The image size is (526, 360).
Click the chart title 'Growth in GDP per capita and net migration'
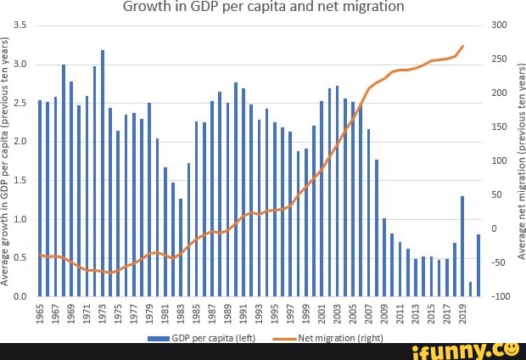pos(263,8)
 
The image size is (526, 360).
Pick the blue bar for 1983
pos(181,246)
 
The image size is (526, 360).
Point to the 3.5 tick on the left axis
pos(20,25)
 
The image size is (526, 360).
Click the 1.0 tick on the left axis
pos(20,219)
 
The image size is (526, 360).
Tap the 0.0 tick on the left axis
pos(20,296)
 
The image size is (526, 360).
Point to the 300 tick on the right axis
pos(500,25)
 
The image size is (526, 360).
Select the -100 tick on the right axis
pos(500,296)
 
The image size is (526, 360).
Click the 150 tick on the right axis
pos(500,127)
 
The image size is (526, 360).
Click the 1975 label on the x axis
pos(119,314)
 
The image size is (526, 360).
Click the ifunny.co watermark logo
pos(467,350)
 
